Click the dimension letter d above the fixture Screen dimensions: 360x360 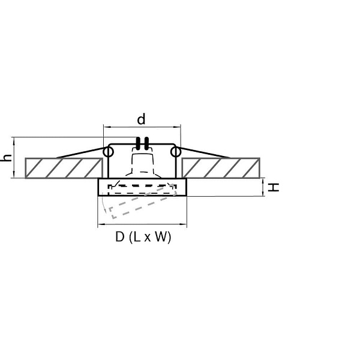(141, 119)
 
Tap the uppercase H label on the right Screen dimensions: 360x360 (274, 187)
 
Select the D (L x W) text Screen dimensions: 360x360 (143, 237)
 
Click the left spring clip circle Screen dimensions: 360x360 (108, 152)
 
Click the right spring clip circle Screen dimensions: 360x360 (175, 152)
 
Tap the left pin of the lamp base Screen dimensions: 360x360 (138, 143)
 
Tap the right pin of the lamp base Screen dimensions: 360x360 (146, 143)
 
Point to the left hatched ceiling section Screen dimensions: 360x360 (64, 168)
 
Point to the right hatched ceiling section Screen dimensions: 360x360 (221, 168)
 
